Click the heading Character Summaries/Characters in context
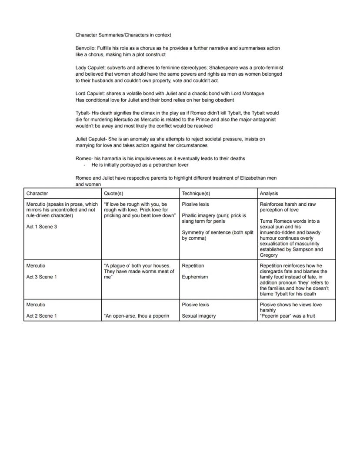[123, 35]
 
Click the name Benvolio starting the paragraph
[85, 48]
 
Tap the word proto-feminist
[267, 67]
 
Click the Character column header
[37, 193]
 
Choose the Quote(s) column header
[114, 193]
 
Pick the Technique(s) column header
[196, 193]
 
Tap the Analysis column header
[269, 193]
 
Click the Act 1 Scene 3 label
[42, 227]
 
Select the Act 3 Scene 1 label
[42, 277]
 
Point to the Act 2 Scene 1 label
[42, 316]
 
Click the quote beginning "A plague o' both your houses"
[139, 272]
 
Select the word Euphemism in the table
[195, 277]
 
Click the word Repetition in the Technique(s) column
[193, 265]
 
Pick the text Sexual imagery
[199, 316]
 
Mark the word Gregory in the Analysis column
[269, 255]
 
